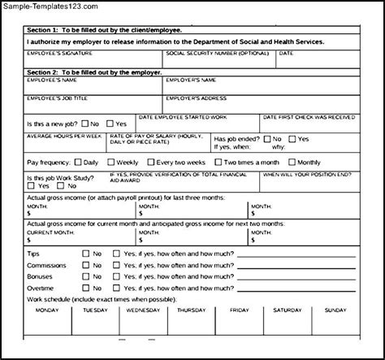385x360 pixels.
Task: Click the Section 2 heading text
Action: pyautogui.click(x=89, y=72)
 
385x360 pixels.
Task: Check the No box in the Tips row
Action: pyautogui.click(x=85, y=254)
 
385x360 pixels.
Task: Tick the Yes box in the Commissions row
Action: pyautogui.click(x=116, y=265)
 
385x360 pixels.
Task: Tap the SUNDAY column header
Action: pyautogui.click(x=335, y=310)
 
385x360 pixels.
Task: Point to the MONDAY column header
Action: pyautogui.click(x=48, y=310)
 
